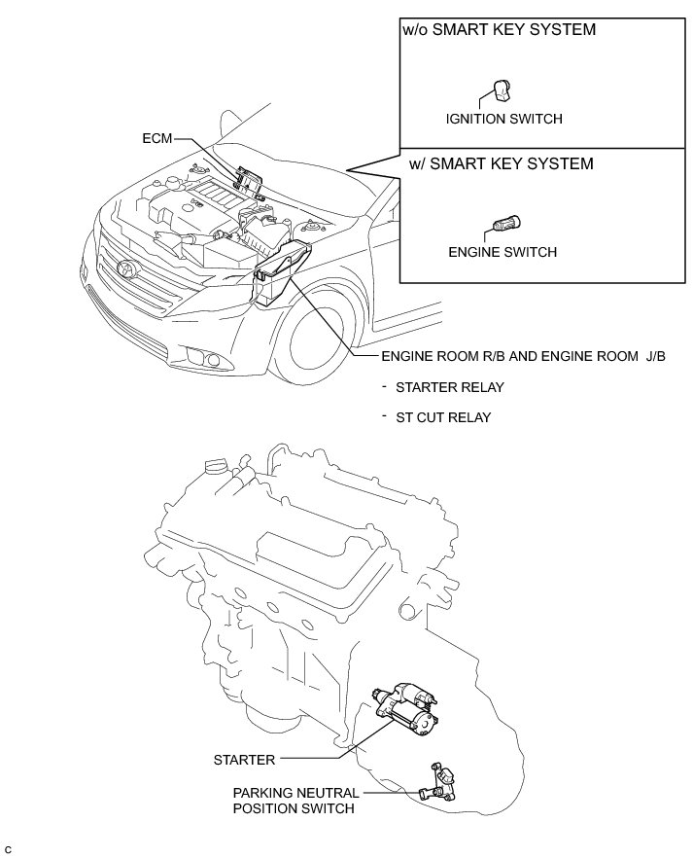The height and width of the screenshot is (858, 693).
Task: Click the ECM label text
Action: tap(156, 139)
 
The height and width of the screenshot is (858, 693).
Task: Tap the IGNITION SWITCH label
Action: tap(504, 120)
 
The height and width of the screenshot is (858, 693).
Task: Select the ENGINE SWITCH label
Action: tap(502, 252)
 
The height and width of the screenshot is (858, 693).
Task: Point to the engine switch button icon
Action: tap(505, 224)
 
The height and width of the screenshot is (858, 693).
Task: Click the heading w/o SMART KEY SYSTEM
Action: tap(499, 30)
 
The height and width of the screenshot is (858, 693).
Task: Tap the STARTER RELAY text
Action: tap(449, 387)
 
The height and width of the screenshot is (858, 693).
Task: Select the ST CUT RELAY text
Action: tap(443, 417)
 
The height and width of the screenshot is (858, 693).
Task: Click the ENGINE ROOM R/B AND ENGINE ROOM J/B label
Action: tap(524, 356)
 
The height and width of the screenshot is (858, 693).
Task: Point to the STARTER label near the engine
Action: tap(245, 759)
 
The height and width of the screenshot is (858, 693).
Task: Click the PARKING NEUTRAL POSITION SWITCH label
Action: tap(295, 800)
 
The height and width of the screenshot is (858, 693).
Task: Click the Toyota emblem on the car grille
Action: tap(125, 268)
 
